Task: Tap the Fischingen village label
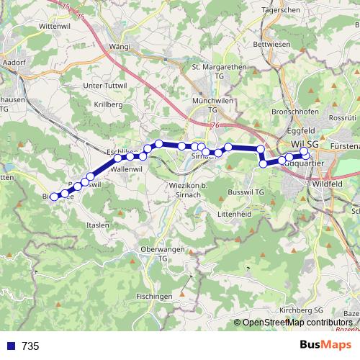pyautogui.click(x=154, y=296)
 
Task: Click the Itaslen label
pyautogui.click(x=96, y=225)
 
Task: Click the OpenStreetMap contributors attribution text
pyautogui.click(x=297, y=322)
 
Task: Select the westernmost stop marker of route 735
pyautogui.click(x=54, y=196)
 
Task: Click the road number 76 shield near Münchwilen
pyautogui.click(x=216, y=125)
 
